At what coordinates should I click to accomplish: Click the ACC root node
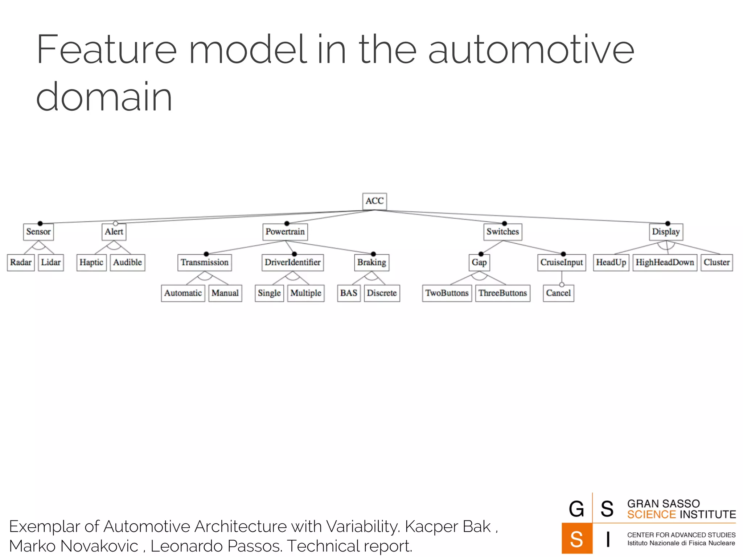(x=374, y=201)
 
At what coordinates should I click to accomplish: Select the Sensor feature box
(x=38, y=232)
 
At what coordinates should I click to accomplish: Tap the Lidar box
(x=51, y=262)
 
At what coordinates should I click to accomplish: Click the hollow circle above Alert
(x=115, y=223)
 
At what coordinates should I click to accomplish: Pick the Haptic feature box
(x=91, y=262)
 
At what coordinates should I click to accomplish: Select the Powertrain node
(x=285, y=232)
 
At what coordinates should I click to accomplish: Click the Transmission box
(x=205, y=262)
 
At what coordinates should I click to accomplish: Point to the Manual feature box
(x=225, y=293)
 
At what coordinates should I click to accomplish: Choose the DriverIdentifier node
(x=292, y=262)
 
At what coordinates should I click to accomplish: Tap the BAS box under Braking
(x=349, y=293)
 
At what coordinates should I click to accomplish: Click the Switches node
(x=502, y=232)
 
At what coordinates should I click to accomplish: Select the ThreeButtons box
(x=502, y=293)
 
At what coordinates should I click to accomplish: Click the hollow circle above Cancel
(x=562, y=285)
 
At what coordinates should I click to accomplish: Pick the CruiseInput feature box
(x=562, y=262)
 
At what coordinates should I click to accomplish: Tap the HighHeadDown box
(x=665, y=262)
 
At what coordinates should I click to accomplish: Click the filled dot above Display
(x=668, y=223)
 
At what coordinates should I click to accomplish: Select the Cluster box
(x=717, y=262)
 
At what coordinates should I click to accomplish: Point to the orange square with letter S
(x=576, y=539)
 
